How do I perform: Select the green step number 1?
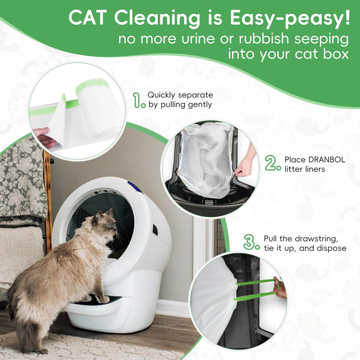[139, 100]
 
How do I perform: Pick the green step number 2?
[273, 163]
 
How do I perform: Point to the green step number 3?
[251, 243]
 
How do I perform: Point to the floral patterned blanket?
[22, 180]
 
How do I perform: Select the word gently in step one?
[200, 105]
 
